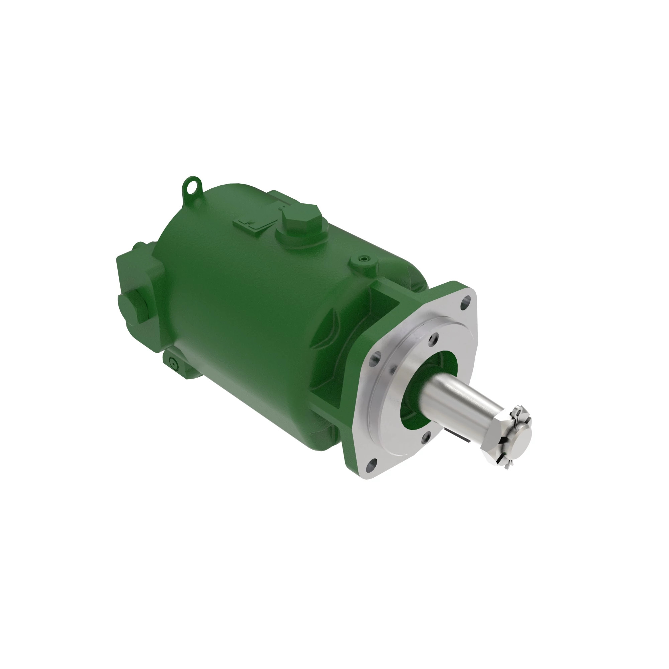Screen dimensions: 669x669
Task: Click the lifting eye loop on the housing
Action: (x=191, y=186)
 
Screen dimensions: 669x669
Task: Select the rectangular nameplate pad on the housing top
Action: (x=256, y=224)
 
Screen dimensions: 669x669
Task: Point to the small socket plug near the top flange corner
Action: (x=363, y=259)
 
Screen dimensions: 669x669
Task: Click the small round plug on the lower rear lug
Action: (x=173, y=363)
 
